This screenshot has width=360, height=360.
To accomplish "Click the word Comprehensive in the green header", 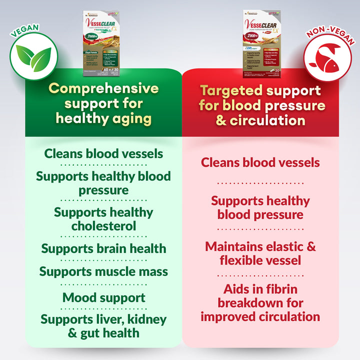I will pos(103,89).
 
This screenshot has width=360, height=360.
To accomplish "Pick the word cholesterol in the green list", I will pos(103,226).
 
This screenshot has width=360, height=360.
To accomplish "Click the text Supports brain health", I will pos(103,248).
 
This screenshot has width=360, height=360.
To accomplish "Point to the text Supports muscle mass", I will pos(103,272).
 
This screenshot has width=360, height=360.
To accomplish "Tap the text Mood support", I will pos(103,298).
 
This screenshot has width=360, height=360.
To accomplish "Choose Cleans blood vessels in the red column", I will pos(260,162).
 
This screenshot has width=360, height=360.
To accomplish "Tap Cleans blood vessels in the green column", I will pos(103,153).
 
